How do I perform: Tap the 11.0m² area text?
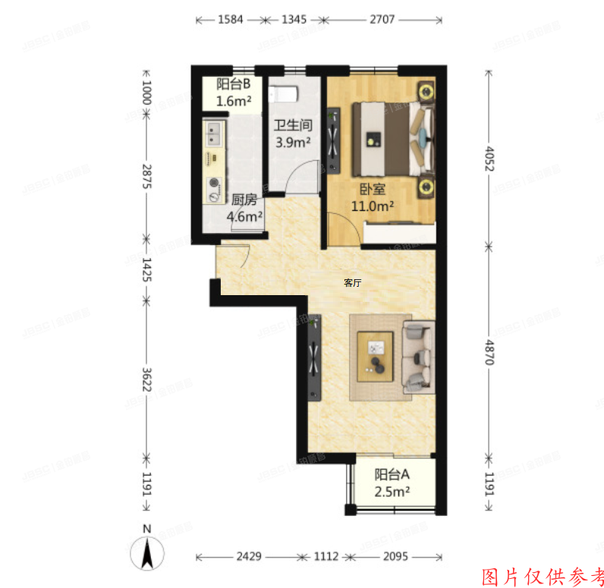(x=371, y=206)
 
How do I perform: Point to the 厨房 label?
(x=242, y=200)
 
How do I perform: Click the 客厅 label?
(x=352, y=283)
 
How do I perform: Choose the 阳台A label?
(x=392, y=475)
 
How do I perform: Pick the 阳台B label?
(x=234, y=85)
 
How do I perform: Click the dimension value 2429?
(x=247, y=556)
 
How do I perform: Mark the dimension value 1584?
(x=230, y=20)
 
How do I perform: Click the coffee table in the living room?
(x=376, y=356)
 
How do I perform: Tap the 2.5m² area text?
(x=392, y=492)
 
